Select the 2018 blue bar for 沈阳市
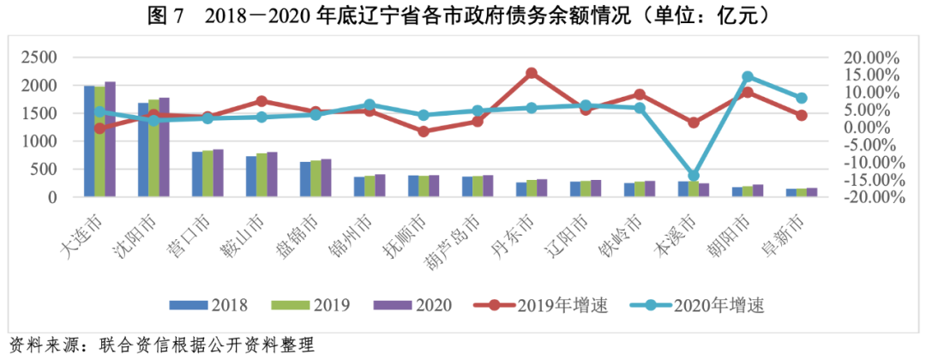coord(143,150)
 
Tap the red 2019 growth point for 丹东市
coord(532,74)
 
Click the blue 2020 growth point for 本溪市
coord(694,176)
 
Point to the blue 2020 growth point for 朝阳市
coord(748,77)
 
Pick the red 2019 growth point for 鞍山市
coord(262,101)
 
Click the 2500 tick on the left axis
coord(39,58)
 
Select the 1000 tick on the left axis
coord(39,141)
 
